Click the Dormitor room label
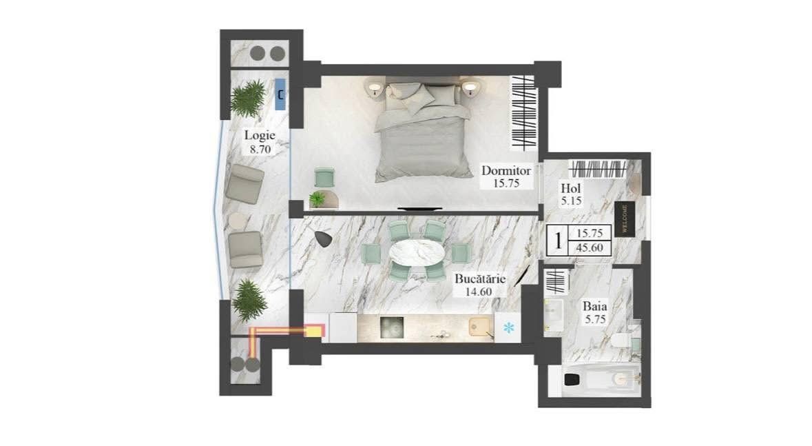click(x=506, y=170)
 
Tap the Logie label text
click(x=260, y=135)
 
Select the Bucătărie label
click(x=480, y=278)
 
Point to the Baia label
click(x=594, y=306)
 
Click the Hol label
click(x=571, y=189)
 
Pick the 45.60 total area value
click(x=590, y=248)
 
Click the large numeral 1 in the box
click(x=558, y=241)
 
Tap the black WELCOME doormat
click(x=623, y=219)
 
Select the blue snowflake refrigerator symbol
click(x=509, y=327)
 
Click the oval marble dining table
click(x=417, y=253)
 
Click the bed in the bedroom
click(x=423, y=129)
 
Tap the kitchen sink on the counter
click(x=479, y=327)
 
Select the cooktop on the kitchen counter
click(x=391, y=327)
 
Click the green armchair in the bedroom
click(x=324, y=177)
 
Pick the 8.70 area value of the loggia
click(x=260, y=150)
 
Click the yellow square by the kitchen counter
click(x=314, y=331)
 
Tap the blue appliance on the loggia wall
click(x=280, y=94)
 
